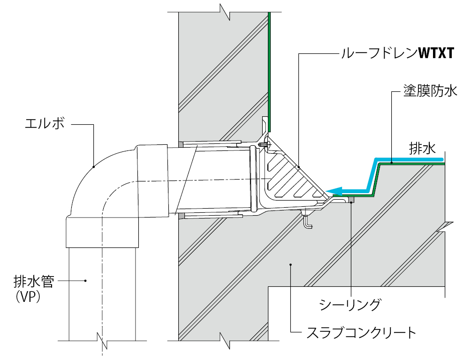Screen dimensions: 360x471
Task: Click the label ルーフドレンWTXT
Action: (x=398, y=53)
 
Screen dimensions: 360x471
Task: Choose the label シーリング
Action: (x=349, y=305)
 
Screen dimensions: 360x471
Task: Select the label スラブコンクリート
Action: (x=361, y=333)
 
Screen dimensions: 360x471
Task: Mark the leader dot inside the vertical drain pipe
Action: (x=86, y=281)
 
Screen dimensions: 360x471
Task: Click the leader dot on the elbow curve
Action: (x=94, y=166)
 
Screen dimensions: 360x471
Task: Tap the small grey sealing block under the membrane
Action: (x=351, y=200)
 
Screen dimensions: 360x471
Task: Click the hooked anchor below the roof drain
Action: (x=307, y=221)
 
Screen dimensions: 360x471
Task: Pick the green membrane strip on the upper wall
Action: (x=270, y=70)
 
